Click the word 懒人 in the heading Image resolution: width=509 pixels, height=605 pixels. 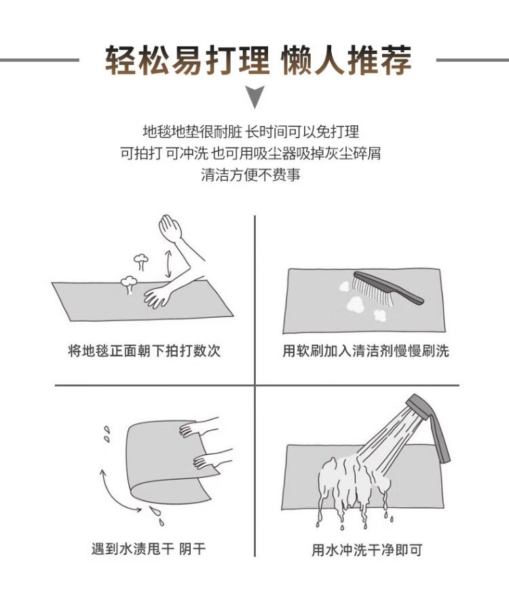pos(313,60)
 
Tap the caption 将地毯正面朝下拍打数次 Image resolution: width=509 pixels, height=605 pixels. pos(144,351)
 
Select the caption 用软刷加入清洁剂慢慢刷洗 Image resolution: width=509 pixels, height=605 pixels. pos(366,351)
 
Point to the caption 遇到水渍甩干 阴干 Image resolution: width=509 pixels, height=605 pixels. pos(149,548)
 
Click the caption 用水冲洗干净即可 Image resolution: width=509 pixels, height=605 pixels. pos(366,549)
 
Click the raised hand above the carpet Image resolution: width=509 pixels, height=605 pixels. pos(170,228)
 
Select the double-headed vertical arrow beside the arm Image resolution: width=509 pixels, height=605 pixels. pos(168,264)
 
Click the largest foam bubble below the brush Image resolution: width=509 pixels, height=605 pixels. pos(356,304)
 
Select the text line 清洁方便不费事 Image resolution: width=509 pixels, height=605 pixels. pos(250,174)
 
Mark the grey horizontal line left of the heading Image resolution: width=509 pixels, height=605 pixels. pos(39,60)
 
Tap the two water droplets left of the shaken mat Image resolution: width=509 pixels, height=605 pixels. pos(107,434)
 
